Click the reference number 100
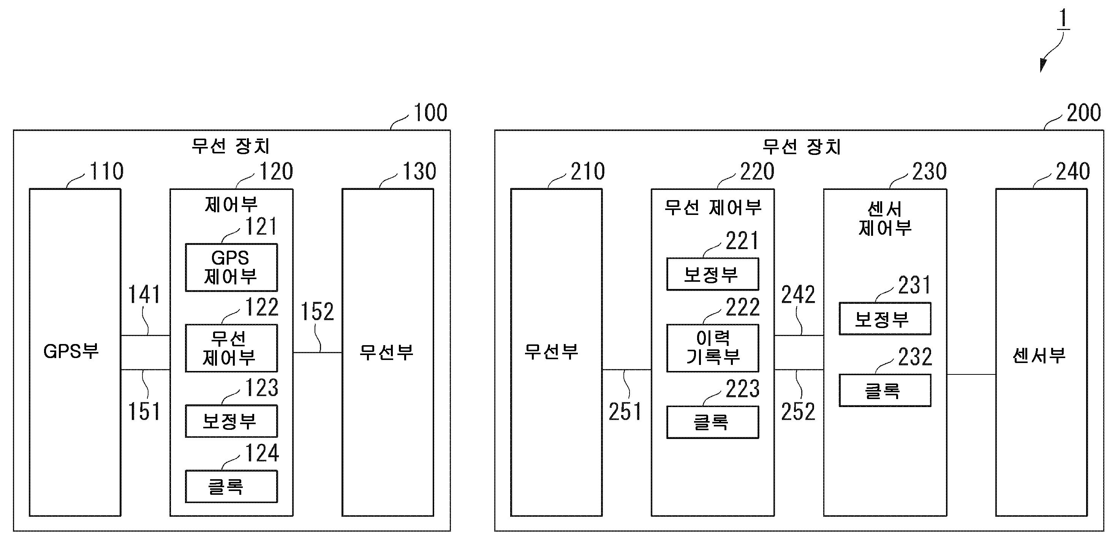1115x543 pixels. point(430,113)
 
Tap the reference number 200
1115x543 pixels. point(1083,113)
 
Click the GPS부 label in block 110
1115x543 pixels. point(71,351)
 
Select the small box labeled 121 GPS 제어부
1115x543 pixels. point(231,267)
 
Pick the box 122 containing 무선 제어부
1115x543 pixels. point(231,348)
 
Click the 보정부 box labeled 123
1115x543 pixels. point(231,421)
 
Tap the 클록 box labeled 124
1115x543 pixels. point(231,487)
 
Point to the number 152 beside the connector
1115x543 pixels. point(317,312)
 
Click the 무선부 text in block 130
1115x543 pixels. point(386,352)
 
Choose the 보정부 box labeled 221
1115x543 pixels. point(712,274)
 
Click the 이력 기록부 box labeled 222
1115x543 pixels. point(712,348)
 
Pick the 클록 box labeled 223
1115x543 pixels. point(712,422)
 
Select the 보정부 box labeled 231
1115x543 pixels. point(885,319)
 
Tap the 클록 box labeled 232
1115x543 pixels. point(885,391)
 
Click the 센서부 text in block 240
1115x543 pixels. point(1039,356)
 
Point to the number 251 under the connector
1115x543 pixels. point(625,412)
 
